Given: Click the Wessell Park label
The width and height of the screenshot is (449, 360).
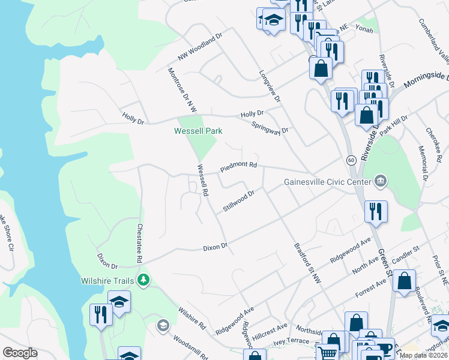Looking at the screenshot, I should tap(198, 130).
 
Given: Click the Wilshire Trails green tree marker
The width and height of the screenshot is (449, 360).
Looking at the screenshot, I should tap(143, 280).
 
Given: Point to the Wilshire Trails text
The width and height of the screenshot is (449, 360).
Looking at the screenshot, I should tap(107, 280).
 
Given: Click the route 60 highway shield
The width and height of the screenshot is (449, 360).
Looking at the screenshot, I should tap(351, 160).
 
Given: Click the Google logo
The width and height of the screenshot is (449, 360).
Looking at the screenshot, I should tap(20, 353).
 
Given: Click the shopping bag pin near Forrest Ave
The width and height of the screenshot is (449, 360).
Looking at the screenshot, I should tap(405, 281).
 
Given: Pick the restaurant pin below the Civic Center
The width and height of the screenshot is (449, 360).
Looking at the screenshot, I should tap(376, 212).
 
